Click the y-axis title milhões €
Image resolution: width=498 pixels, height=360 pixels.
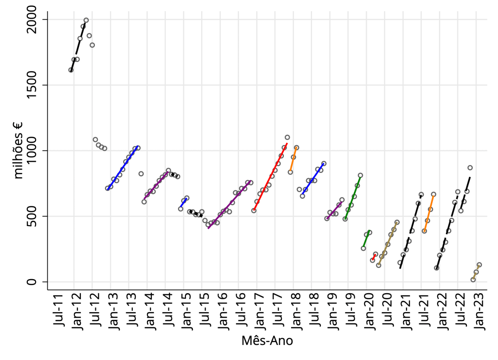click(19, 151)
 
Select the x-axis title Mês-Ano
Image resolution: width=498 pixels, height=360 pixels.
click(267, 341)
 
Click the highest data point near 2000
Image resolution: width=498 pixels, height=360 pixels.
click(86, 20)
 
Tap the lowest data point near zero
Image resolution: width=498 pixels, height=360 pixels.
click(473, 280)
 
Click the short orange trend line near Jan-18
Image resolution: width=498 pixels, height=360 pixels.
click(293, 159)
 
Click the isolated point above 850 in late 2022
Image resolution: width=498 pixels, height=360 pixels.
click(470, 168)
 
